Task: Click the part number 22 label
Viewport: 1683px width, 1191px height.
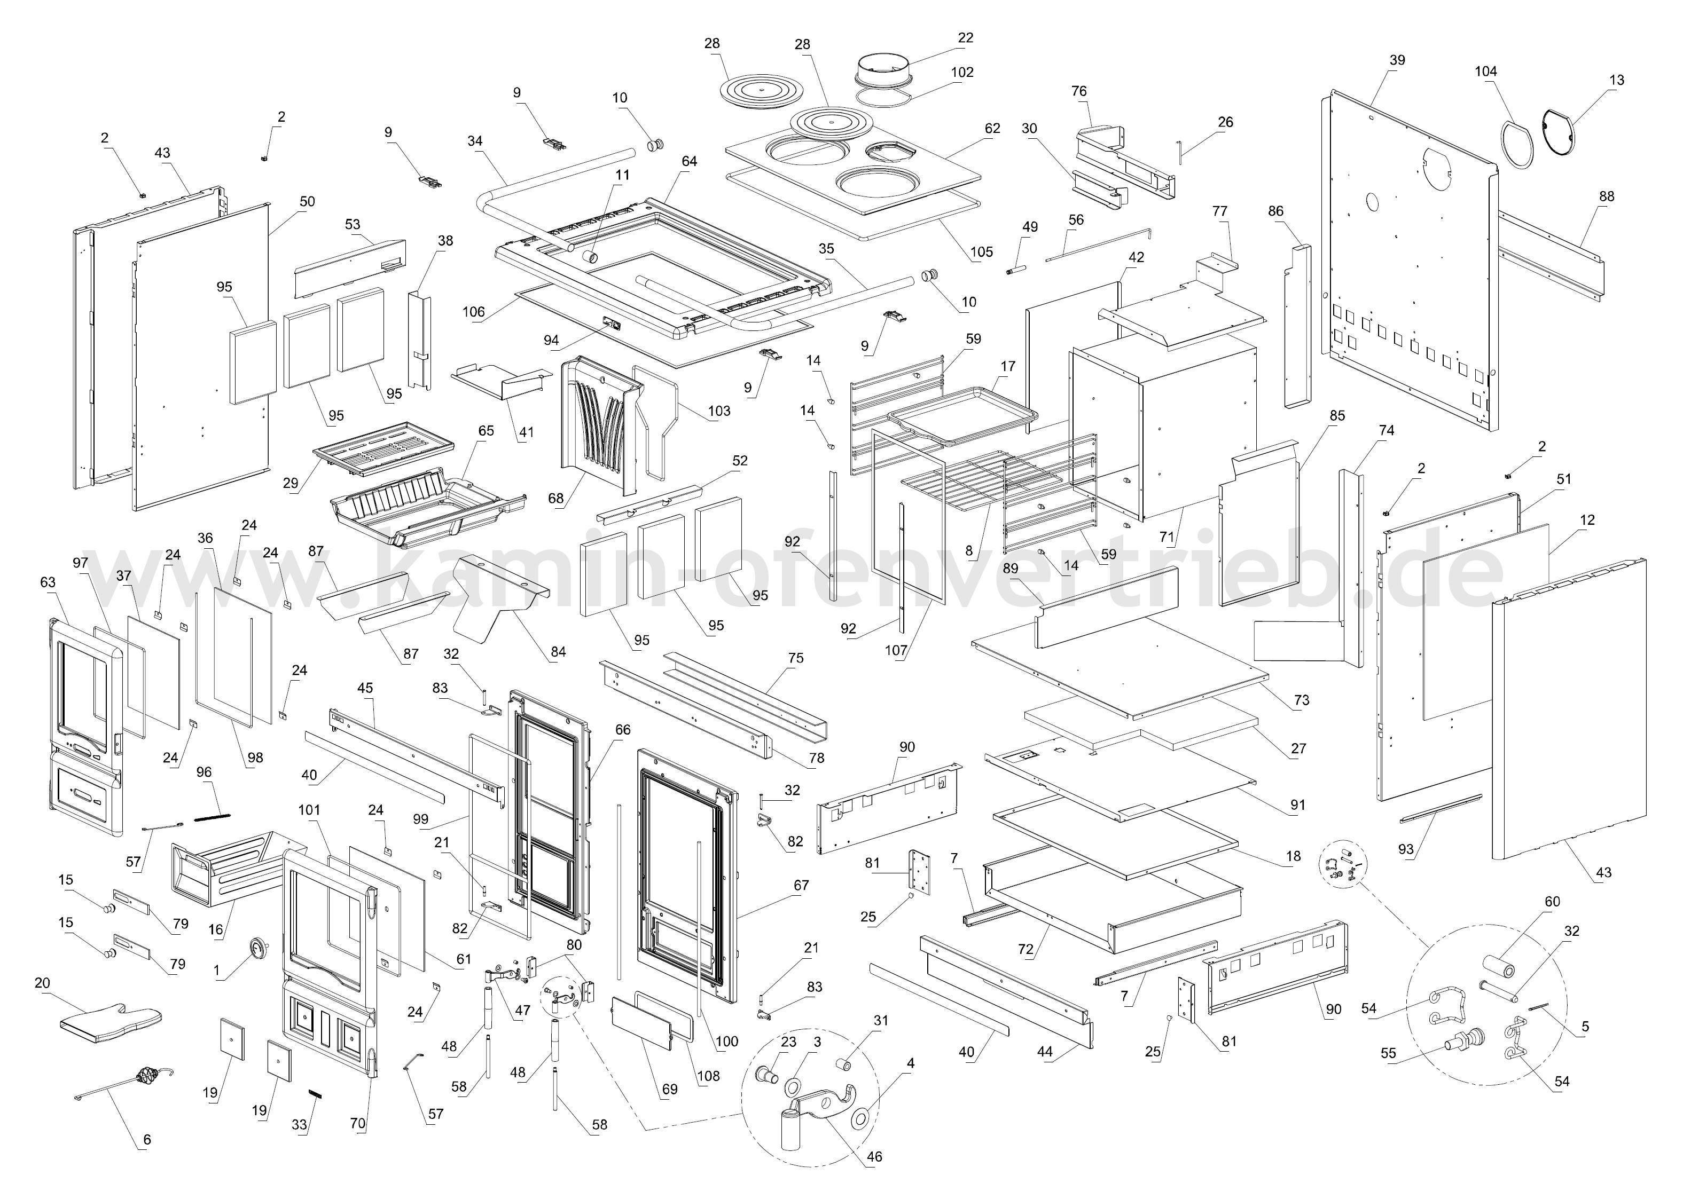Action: tap(966, 38)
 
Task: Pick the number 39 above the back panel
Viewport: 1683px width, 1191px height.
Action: tap(1397, 60)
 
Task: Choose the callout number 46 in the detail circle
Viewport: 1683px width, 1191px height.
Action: tap(874, 1156)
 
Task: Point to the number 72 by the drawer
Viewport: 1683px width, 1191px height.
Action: tap(1025, 949)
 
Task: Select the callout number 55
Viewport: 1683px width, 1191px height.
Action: tap(1388, 1054)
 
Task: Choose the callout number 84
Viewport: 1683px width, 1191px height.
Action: tap(558, 651)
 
